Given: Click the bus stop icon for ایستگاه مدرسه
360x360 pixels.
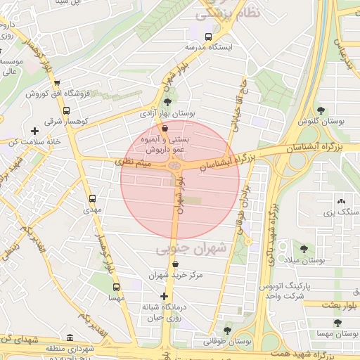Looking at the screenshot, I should coord(207,37).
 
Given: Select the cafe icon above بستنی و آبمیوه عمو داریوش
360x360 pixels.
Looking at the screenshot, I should coord(165,129).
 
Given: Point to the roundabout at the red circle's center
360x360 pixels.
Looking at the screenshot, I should coord(174,166).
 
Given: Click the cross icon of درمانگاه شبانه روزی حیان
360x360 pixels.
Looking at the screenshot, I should coord(164,296).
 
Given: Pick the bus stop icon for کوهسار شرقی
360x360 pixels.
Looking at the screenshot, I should coord(66,110).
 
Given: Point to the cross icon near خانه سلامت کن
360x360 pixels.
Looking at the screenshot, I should coord(34,131).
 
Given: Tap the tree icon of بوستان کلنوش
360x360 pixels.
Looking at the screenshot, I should coord(321,110).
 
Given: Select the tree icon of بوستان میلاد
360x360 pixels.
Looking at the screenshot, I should coord(304,249).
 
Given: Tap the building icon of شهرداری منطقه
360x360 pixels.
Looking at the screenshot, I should coord(70,338).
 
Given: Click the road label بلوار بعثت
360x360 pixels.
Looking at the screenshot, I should coord(340,304).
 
